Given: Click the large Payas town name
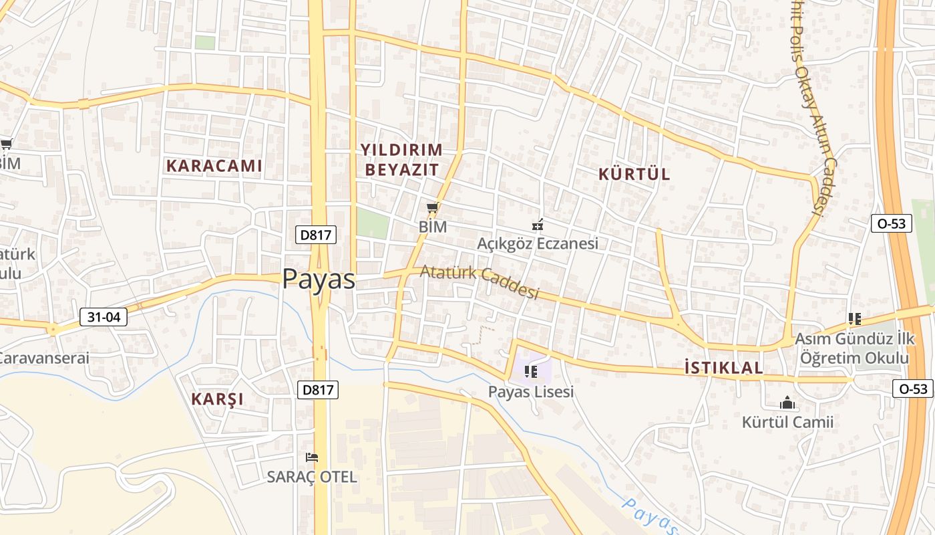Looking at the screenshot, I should point(319,279).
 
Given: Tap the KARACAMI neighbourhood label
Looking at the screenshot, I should point(214,166).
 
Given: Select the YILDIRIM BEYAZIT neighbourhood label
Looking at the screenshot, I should point(402,159).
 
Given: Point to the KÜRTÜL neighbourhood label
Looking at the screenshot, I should point(634,175).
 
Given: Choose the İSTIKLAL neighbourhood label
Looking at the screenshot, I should point(724,368).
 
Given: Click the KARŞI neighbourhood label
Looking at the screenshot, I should point(218,399).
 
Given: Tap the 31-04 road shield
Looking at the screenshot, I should point(104,317).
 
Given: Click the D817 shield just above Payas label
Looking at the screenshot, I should point(316,235).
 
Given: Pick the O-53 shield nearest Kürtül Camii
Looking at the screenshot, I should point(913,389).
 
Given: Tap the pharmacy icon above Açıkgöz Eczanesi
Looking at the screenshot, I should point(537,225).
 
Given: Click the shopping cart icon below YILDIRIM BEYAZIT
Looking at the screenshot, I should point(432,208).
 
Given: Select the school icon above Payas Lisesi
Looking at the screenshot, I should point(531,372).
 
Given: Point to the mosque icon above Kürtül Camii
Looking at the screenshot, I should point(787,403).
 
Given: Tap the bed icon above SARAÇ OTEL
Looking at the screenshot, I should point(311,457).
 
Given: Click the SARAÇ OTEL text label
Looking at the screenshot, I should point(312,477).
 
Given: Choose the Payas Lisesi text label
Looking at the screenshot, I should point(531,392).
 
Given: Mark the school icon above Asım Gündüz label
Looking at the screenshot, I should point(854,319).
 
